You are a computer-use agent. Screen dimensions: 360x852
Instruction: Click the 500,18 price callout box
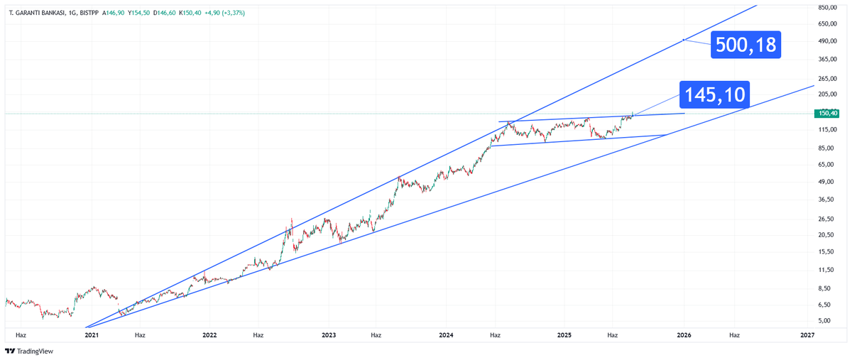pos(745,45)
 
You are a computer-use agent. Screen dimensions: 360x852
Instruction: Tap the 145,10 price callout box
pos(716,94)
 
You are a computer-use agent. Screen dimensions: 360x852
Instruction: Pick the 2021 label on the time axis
pos(92,334)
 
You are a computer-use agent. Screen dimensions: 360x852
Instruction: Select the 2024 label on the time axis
pos(447,334)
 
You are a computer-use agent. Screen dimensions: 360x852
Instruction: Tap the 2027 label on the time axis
pos(807,334)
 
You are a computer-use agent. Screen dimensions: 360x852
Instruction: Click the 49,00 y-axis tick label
pos(826,182)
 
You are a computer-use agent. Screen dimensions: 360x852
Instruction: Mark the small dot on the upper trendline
pos(683,40)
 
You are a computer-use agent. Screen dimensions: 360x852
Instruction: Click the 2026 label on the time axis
pos(684,334)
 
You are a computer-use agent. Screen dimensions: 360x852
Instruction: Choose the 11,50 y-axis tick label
pos(826,271)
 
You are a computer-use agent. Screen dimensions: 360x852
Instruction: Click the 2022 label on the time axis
pos(209,334)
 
